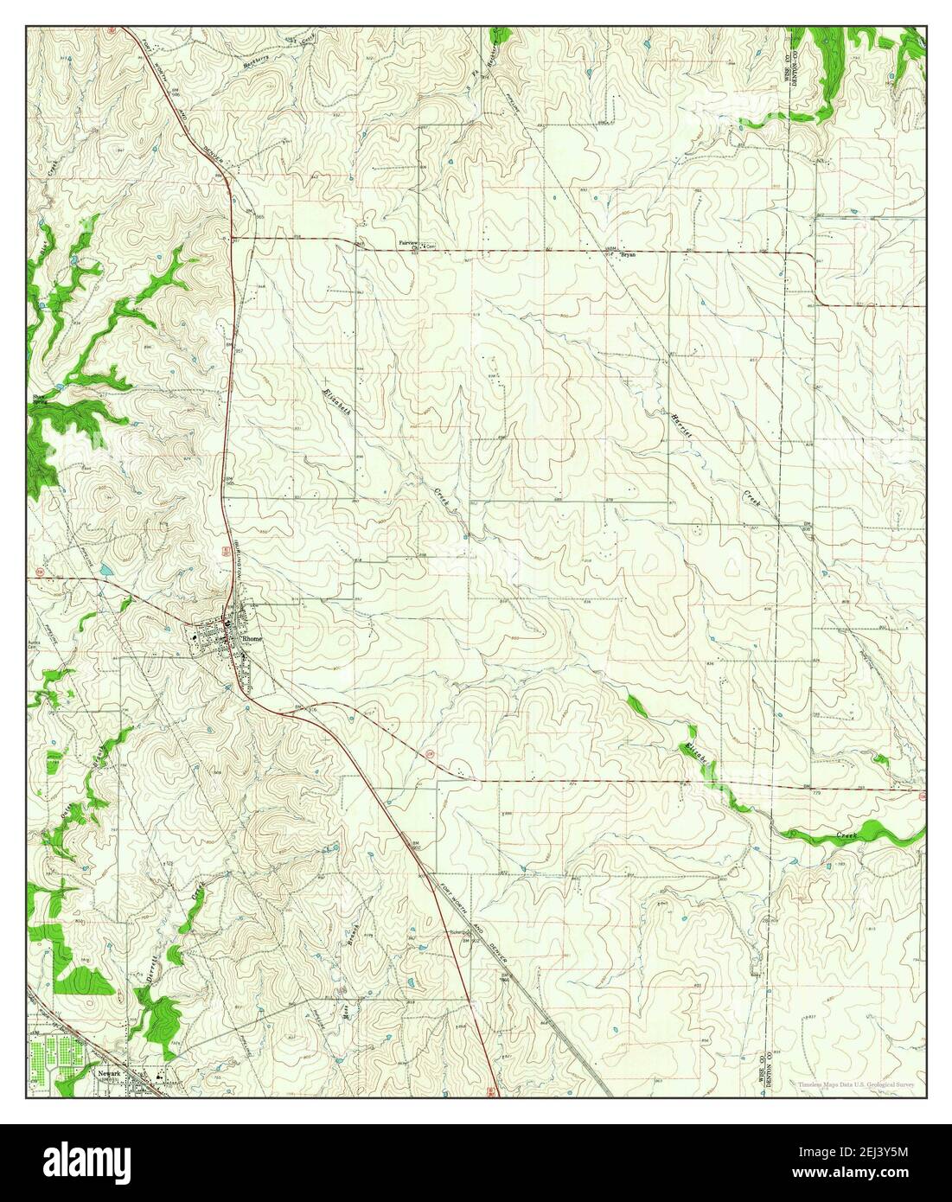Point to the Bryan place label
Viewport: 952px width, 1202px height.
click(629, 255)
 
